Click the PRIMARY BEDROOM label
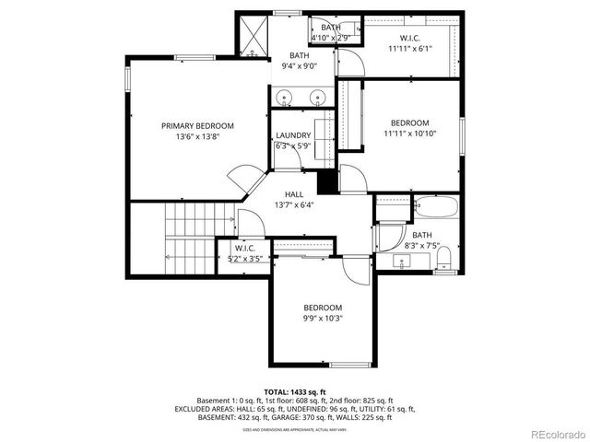coord(197,126)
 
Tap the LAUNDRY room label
coord(293,135)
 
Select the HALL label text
coord(294,194)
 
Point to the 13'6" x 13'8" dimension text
coord(197,136)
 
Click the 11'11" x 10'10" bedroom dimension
coord(409,134)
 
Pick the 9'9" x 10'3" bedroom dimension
coord(323,319)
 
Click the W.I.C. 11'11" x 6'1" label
coord(409,43)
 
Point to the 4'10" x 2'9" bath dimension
coord(330,38)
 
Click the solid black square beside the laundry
coord(324,181)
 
